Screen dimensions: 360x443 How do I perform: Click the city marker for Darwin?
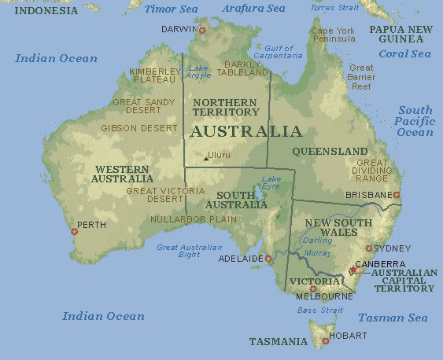202,30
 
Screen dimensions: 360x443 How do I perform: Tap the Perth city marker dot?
75,230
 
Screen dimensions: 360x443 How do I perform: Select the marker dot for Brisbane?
397,194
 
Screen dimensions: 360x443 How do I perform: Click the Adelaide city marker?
268,258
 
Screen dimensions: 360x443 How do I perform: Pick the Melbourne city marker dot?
313,288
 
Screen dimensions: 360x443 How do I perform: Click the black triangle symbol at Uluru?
205,158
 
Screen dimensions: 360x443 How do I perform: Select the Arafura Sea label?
253,9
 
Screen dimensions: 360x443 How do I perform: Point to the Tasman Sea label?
393,318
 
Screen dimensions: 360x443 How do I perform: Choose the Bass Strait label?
320,310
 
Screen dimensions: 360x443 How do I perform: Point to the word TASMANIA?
278,342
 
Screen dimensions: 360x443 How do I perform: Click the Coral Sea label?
404,54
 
